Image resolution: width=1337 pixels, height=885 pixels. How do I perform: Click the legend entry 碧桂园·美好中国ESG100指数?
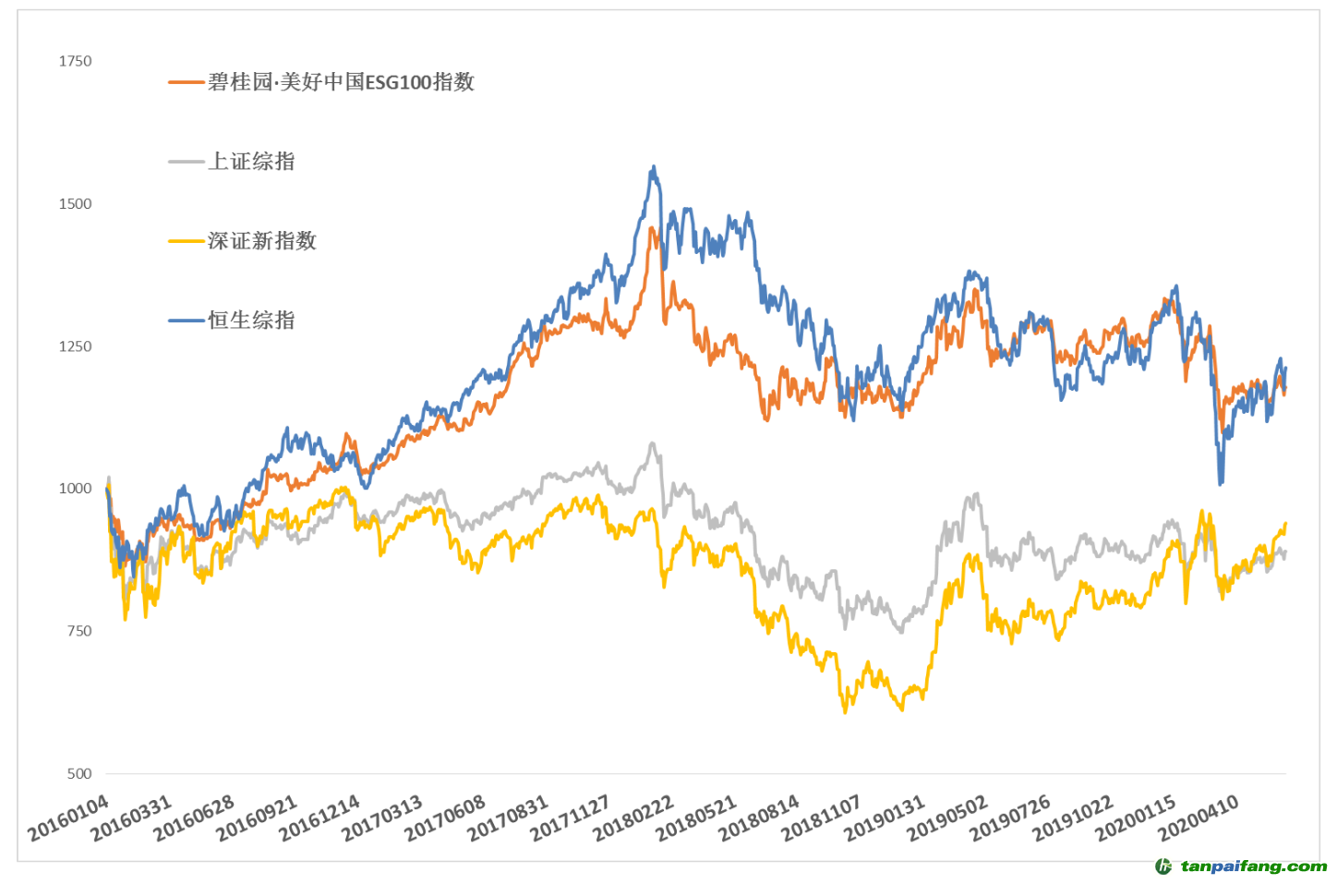[x=341, y=82]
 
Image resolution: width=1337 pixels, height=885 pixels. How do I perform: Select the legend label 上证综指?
[x=251, y=162]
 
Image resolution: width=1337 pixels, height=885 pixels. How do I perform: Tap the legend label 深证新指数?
[x=262, y=241]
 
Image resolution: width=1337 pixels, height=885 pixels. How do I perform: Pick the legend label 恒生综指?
[x=251, y=321]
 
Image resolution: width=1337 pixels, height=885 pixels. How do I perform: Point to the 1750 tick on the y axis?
[x=75, y=61]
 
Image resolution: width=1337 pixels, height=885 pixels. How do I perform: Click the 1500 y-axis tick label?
[x=75, y=204]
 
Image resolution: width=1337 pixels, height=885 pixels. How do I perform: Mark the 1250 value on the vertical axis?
[x=75, y=346]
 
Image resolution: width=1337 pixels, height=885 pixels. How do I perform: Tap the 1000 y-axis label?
[x=75, y=489]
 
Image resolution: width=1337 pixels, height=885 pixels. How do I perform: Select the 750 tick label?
[x=78, y=631]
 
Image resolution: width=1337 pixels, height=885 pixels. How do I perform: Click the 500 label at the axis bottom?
[x=78, y=774]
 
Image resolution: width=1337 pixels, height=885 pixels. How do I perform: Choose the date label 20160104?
[x=69, y=818]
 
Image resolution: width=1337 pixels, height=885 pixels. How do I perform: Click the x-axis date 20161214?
[x=320, y=818]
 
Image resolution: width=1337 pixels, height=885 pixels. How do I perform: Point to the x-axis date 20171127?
[x=571, y=818]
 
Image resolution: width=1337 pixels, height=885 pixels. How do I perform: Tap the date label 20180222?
[x=633, y=818]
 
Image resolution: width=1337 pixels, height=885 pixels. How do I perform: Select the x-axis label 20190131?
[x=885, y=818]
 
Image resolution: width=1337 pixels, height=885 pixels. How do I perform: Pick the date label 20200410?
[x=1198, y=818]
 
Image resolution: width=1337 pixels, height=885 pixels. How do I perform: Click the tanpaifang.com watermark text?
[x=1254, y=867]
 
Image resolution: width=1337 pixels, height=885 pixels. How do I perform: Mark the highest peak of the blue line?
[x=654, y=167]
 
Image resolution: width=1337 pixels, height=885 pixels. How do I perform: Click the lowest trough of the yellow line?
[x=845, y=712]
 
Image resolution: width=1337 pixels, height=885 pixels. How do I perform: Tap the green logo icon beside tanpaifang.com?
[x=1163, y=867]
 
